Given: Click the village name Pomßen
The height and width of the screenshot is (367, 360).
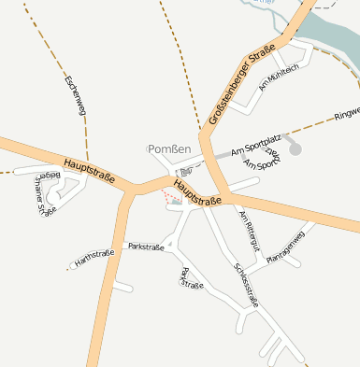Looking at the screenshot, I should (169, 149).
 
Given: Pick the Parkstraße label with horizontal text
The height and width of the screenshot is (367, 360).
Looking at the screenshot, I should (146, 247).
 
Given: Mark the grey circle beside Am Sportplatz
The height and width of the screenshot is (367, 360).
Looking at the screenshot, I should (295, 147).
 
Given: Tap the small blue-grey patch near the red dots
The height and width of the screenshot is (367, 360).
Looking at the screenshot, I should (176, 203).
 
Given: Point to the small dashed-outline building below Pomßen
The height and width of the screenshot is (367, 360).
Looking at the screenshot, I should (185, 171).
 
